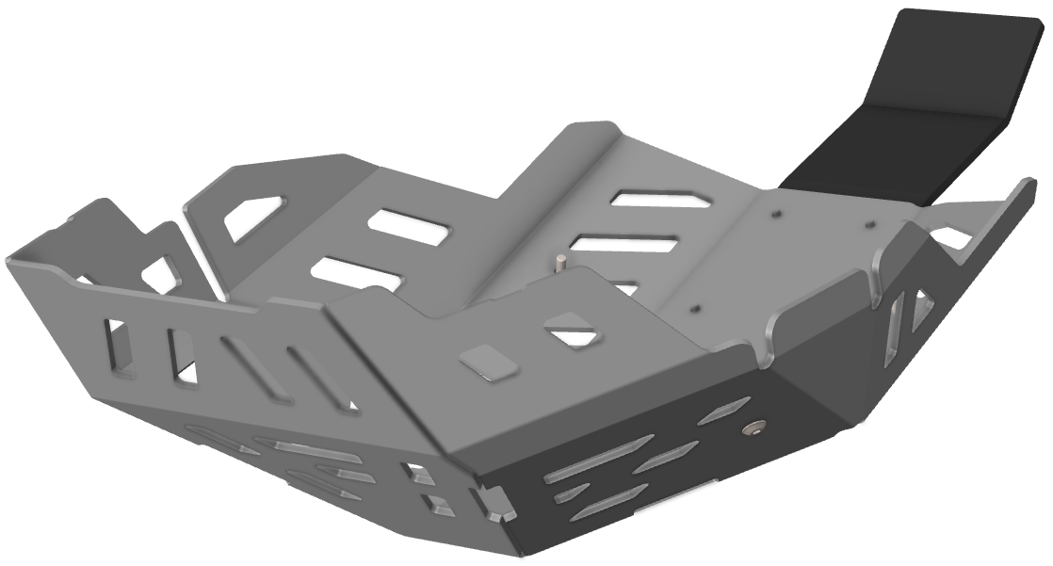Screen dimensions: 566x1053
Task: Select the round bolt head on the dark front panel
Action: [x=750, y=429]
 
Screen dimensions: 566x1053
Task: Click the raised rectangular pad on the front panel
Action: [x=488, y=361]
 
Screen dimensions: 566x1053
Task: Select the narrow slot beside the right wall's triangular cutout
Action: [x=894, y=329]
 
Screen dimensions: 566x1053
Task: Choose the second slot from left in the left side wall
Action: [x=181, y=356]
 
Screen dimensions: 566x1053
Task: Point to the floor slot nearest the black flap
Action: [x=658, y=200]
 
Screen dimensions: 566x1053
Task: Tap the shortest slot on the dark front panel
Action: [x=571, y=493]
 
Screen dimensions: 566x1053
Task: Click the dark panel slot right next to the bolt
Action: [x=726, y=410]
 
